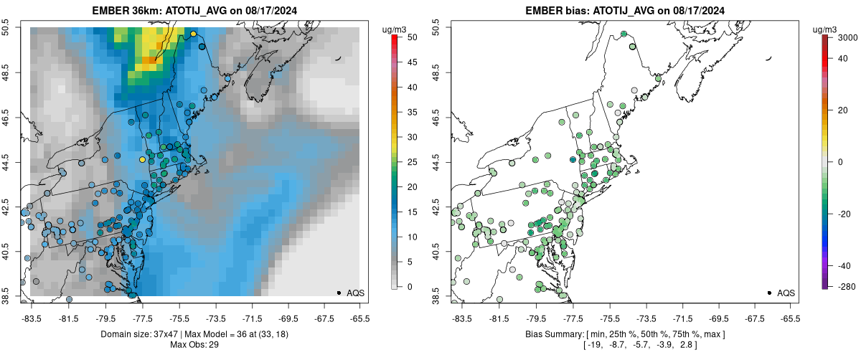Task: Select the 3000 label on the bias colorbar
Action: pyautogui.click(x=841, y=37)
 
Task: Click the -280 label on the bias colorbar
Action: pyautogui.click(x=840, y=287)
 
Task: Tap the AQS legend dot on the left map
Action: pyautogui.click(x=339, y=293)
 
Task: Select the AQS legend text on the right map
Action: pyautogui.click(x=786, y=293)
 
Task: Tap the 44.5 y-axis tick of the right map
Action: pyautogui.click(x=439, y=161)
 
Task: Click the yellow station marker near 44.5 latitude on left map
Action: pyautogui.click(x=142, y=159)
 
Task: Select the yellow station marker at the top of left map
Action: pyautogui.click(x=193, y=34)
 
